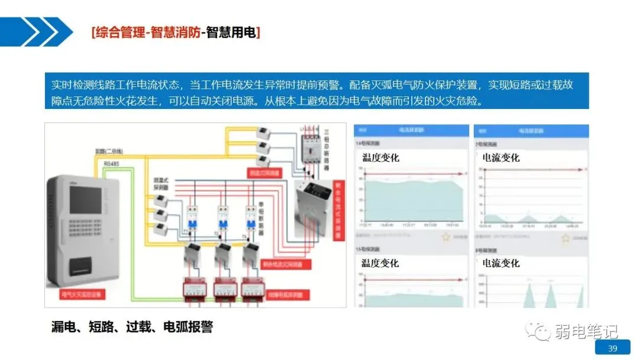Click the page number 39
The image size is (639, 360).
tap(613, 348)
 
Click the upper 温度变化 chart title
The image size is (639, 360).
tap(380, 157)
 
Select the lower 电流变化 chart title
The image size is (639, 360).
tap(501, 263)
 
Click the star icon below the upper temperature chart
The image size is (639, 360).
tap(446, 237)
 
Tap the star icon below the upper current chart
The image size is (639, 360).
tap(566, 237)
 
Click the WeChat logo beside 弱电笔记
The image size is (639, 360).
tap(540, 331)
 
